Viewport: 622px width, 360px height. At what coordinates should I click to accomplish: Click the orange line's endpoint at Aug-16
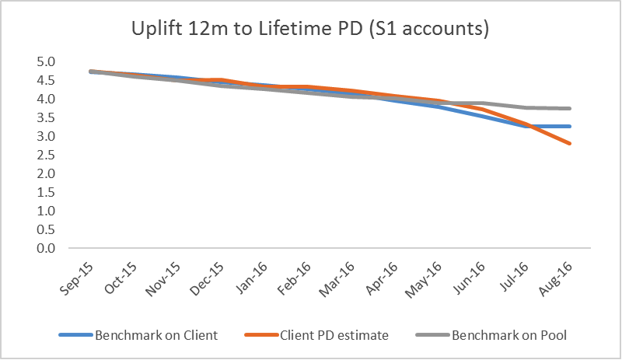pyautogui.click(x=571, y=143)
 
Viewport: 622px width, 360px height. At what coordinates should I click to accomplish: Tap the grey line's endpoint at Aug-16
pyautogui.click(x=571, y=109)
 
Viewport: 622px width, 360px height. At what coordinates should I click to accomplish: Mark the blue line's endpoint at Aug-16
pyautogui.click(x=571, y=126)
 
